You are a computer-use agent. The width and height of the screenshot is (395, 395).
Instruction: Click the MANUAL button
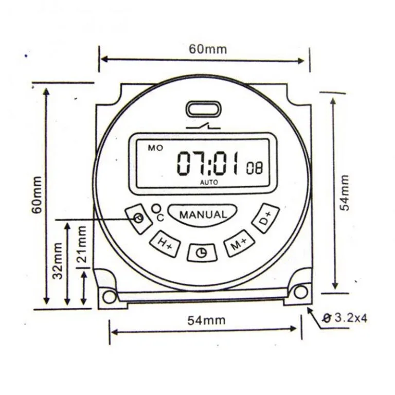point(203,214)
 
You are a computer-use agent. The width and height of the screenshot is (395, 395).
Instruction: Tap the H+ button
point(165,244)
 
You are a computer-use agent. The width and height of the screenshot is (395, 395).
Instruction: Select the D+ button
point(266,218)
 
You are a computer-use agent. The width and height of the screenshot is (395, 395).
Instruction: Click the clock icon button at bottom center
point(202,253)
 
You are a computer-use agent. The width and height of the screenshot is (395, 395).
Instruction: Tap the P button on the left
point(138,219)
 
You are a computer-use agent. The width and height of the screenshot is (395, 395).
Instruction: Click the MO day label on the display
point(155,148)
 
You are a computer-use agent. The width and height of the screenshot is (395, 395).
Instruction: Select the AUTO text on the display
point(209,182)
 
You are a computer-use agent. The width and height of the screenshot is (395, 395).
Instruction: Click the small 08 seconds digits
point(254,168)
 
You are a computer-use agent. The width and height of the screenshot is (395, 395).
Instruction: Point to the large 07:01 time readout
point(208,163)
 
